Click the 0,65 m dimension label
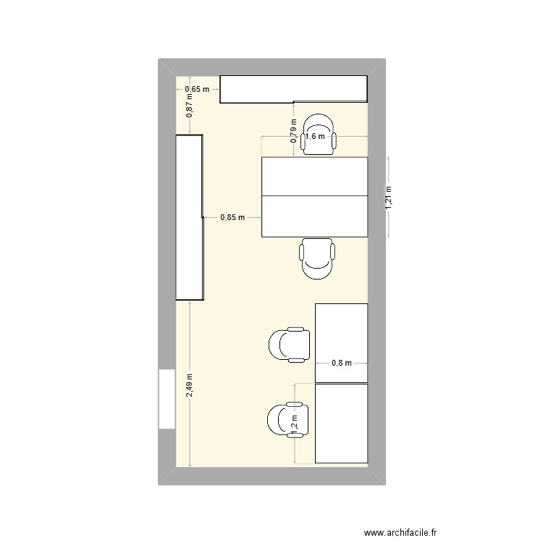pos(196,90)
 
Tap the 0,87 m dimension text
pos(190,108)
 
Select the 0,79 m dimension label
pos(294,131)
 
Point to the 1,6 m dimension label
pos(314,136)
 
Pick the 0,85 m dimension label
pos(232,216)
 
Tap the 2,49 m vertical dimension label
pos(190,384)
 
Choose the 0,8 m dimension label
pos(341,363)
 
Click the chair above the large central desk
pos(319,135)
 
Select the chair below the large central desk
pos(318,258)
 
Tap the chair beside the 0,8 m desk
pos(290,345)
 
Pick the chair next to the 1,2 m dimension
pos(287,423)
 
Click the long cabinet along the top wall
pos(293,88)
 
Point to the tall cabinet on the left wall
pos(189,217)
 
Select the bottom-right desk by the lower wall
pos(341,424)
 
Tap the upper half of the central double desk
pos(314,176)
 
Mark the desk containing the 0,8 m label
pos(341,342)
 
